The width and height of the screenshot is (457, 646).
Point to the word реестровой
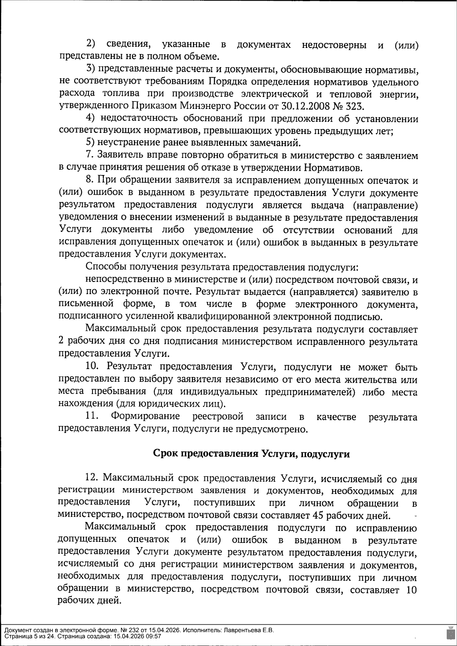coord(218,417)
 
